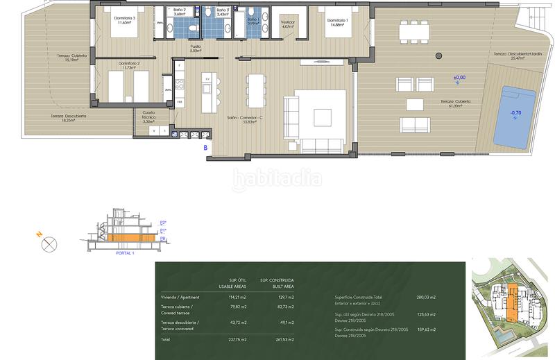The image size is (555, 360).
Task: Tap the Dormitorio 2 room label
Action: pos(119,65)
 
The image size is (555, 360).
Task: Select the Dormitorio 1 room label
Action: pos(339,20)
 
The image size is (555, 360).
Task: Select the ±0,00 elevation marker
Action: pos(459,77)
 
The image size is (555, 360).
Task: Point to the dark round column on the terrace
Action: pos(438,55)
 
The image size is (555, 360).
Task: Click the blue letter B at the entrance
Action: pos(205,146)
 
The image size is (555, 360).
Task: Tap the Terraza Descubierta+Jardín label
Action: pos(517,55)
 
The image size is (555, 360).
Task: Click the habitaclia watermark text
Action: pos(276,179)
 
